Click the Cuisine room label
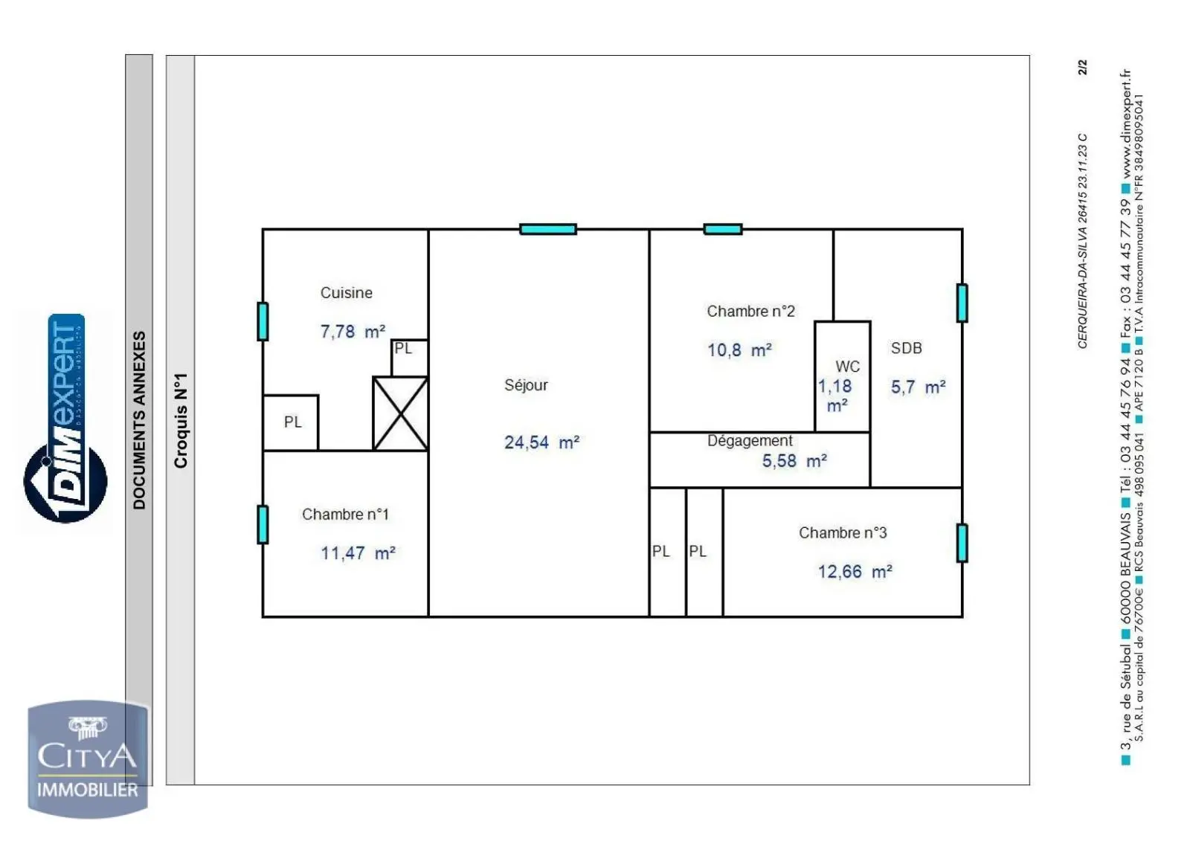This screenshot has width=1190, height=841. pos(346,293)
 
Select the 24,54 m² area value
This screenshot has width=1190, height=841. pos(541,442)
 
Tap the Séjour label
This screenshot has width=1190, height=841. pos(526,385)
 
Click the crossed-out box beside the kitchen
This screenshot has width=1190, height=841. pos(400,413)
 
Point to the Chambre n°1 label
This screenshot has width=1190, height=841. pos(345,515)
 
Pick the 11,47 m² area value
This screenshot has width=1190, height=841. pos(358,553)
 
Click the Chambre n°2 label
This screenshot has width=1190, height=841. pos(750,312)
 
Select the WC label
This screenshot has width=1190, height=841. pos(847,367)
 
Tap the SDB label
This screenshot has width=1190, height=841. pos(906,348)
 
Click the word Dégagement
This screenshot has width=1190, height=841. pos(750,441)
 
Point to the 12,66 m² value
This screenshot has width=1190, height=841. pos(855,572)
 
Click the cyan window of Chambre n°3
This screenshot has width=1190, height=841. pos(962,543)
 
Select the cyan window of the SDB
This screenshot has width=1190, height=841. pos(962,303)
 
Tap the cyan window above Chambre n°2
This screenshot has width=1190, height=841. pos(722,229)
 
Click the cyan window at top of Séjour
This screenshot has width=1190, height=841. pos(547,229)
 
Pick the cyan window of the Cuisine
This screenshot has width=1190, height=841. pos(263,321)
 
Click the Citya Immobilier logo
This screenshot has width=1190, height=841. pos(88,759)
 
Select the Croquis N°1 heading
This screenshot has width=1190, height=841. pos(181,420)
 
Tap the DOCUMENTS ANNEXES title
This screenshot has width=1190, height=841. pos(139,420)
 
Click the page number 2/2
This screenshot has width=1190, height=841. pos(1083,67)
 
